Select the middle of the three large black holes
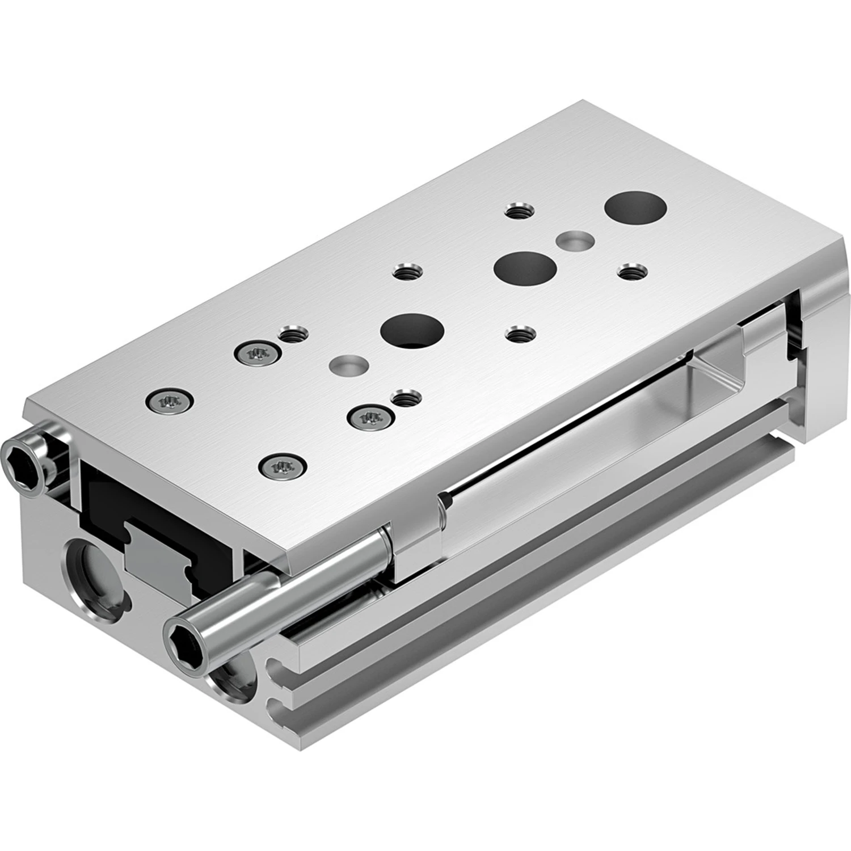(524, 267)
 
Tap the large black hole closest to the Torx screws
(412, 331)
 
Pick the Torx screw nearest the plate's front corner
(283, 467)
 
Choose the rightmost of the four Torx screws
(370, 418)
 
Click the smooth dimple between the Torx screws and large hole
(349, 365)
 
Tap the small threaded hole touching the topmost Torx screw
(292, 335)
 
